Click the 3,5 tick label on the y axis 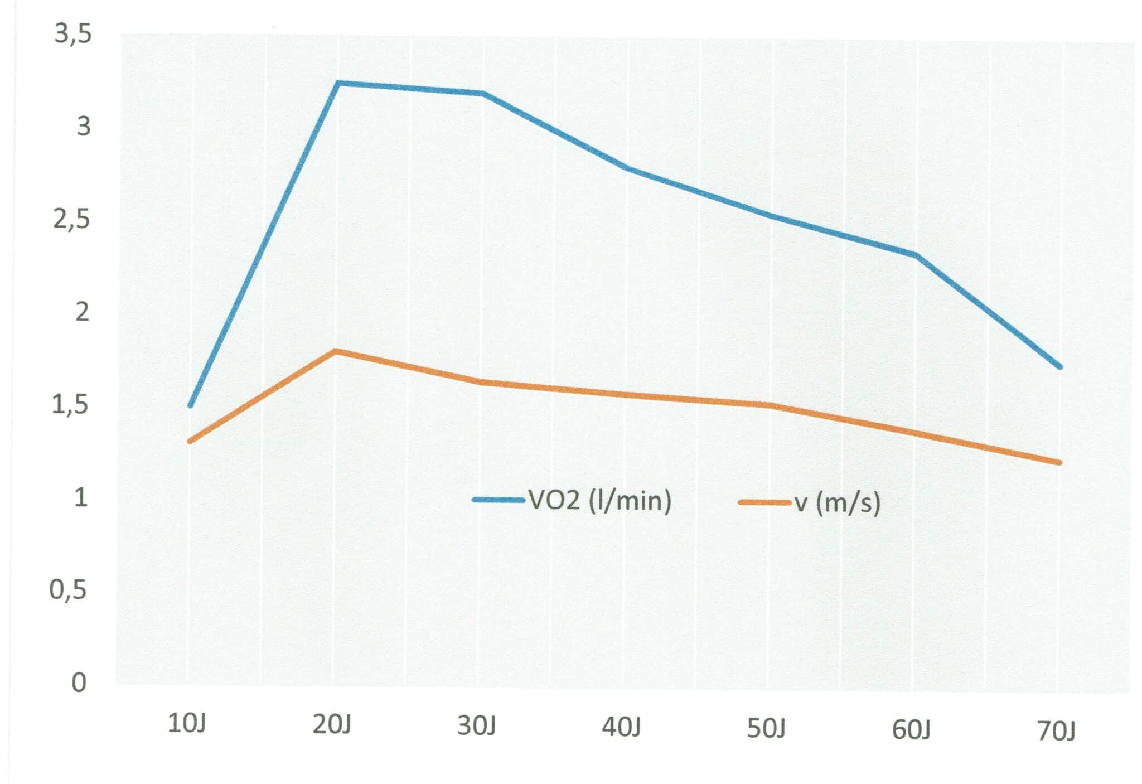click(73, 35)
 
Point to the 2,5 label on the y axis click(71, 220)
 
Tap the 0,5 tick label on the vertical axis click(68, 590)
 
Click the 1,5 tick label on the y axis click(70, 405)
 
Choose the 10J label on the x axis click(187, 724)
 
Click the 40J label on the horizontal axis click(621, 728)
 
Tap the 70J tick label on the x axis click(1056, 731)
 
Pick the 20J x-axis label click(332, 725)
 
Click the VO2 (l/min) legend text click(600, 500)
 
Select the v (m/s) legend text click(838, 503)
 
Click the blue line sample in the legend click(499, 500)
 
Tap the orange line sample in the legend click(764, 502)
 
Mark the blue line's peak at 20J click(338, 83)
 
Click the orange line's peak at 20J click(335, 351)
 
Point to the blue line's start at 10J click(190, 405)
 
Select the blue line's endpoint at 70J click(1060, 367)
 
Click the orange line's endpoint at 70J click(1059, 462)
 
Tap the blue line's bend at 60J click(916, 255)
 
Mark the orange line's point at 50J click(770, 405)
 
